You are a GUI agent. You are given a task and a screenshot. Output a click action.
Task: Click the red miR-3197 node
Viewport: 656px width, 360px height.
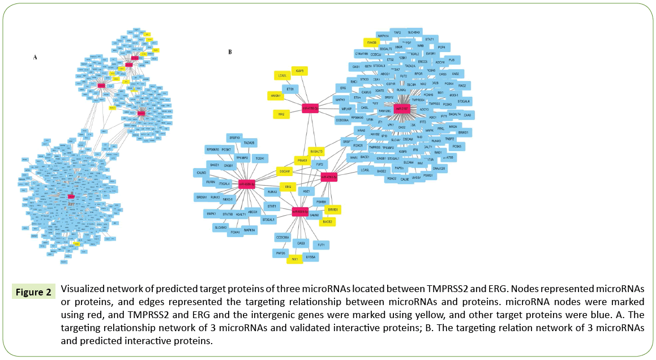coord(401,108)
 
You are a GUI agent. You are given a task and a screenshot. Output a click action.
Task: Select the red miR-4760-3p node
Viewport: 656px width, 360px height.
coord(309,108)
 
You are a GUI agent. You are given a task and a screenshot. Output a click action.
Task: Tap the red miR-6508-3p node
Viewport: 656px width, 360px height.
coord(247,183)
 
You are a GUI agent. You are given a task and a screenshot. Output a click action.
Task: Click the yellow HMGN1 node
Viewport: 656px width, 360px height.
coord(276,96)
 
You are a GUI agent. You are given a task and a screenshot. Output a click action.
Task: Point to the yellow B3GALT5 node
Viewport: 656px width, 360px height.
coord(316,152)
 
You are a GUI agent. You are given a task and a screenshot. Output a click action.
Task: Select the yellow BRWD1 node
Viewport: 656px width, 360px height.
coord(332,209)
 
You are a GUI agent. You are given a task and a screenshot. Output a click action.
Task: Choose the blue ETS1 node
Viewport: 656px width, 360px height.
coord(290,89)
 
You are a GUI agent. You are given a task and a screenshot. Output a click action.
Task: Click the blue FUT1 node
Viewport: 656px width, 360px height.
coord(321,245)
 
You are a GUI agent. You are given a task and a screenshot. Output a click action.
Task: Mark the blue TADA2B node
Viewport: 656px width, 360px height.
coord(249,143)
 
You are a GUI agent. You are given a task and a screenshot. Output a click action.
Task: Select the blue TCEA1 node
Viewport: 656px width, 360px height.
coord(260,158)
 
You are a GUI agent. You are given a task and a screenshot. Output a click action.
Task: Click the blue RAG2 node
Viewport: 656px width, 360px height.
coord(462,85)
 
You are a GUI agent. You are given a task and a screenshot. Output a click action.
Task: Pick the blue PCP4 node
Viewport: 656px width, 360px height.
coord(444,47)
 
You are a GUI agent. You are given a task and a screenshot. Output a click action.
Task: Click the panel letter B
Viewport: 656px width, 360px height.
coord(230,52)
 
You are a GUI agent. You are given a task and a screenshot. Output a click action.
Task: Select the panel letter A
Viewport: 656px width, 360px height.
coord(35,57)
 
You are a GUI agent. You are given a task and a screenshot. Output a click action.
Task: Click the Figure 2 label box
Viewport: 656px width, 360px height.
coord(33,293)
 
